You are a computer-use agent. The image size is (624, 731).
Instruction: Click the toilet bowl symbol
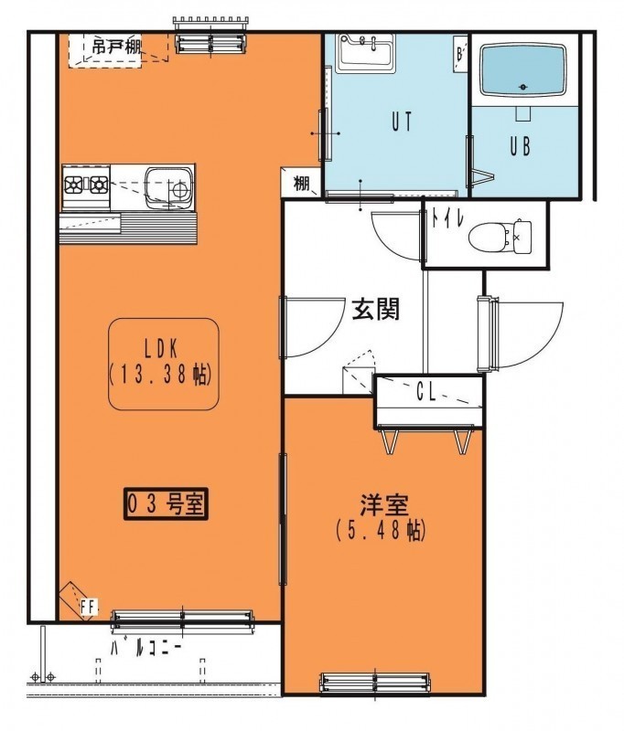click(x=500, y=238)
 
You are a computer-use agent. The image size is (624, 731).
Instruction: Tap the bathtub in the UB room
click(x=522, y=69)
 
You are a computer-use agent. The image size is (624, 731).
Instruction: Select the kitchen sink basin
click(x=168, y=188)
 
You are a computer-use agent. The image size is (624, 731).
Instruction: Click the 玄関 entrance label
click(x=376, y=309)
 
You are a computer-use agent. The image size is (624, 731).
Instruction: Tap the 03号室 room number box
click(x=166, y=503)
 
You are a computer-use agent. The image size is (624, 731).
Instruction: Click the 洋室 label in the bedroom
click(x=384, y=505)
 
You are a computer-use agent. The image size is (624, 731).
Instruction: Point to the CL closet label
click(x=425, y=394)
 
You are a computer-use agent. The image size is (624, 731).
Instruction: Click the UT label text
click(x=402, y=122)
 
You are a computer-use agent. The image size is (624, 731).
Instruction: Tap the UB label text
click(x=520, y=146)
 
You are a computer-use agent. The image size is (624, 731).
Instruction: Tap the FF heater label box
click(x=88, y=607)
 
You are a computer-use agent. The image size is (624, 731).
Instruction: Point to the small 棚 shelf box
click(x=301, y=184)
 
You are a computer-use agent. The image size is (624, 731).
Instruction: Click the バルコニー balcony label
click(x=145, y=649)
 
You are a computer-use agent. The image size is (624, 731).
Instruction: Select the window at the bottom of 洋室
click(x=375, y=683)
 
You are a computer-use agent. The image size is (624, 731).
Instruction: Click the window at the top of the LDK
click(x=210, y=43)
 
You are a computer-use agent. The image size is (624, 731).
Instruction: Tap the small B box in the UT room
click(x=459, y=54)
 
